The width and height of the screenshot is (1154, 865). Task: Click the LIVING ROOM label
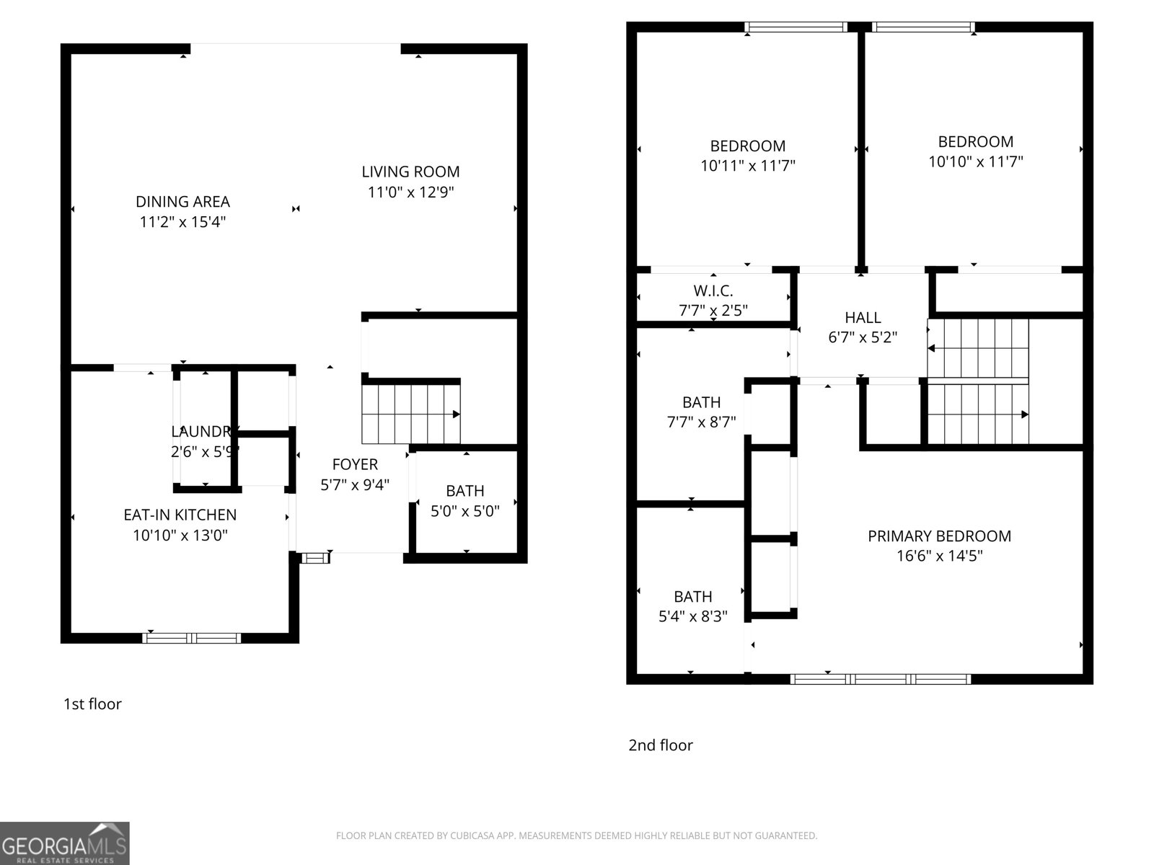click(x=410, y=172)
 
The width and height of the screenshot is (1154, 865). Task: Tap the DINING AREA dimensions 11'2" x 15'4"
click(x=182, y=222)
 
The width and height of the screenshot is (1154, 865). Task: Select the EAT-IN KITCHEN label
click(x=180, y=515)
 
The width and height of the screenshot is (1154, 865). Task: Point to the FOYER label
click(x=355, y=464)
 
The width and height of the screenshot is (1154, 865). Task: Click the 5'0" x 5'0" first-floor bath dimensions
click(x=464, y=511)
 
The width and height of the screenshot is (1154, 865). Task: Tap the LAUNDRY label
click(x=202, y=432)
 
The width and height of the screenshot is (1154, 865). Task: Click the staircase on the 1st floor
click(x=410, y=414)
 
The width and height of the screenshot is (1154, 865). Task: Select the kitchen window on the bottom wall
click(x=192, y=637)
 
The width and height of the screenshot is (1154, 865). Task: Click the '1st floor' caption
click(x=92, y=704)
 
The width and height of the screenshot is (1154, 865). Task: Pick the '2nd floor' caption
click(x=660, y=745)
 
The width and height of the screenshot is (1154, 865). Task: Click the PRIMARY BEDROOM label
click(x=939, y=536)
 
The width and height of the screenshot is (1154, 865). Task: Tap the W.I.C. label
click(x=713, y=291)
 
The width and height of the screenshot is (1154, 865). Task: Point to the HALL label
click(x=863, y=317)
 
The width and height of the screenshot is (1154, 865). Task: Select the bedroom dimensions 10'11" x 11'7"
click(x=747, y=166)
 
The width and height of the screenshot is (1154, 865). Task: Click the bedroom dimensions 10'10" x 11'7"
click(x=975, y=161)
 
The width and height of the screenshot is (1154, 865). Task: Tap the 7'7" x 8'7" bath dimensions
click(x=701, y=422)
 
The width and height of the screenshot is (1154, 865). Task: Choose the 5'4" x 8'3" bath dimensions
click(x=692, y=616)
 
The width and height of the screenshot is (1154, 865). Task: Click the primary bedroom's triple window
click(x=881, y=678)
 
